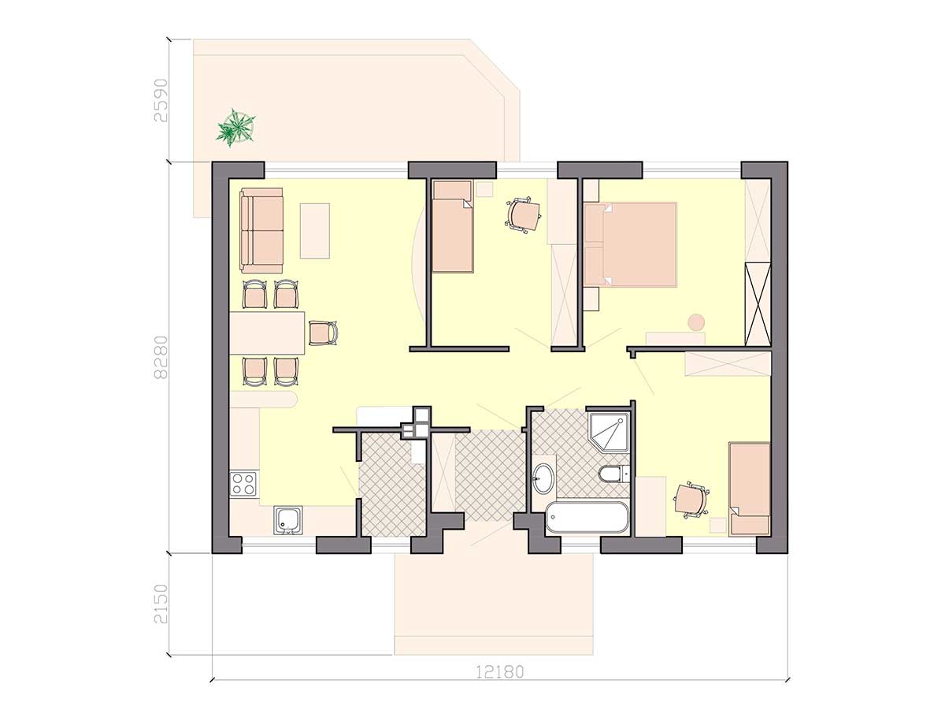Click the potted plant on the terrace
[235, 128]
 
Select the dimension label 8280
[161, 358]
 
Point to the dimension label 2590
[161, 100]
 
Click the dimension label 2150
[161, 604]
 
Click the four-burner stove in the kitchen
[244, 484]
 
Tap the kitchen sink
[288, 520]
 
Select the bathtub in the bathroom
[587, 517]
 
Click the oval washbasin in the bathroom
[543, 478]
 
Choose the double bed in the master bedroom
[630, 244]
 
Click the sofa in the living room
[261, 230]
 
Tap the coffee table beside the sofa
[315, 231]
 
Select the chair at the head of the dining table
[323, 333]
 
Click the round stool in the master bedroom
[695, 322]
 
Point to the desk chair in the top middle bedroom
[522, 215]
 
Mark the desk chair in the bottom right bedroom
[691, 500]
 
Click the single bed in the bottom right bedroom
[749, 489]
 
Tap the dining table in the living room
[267, 333]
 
